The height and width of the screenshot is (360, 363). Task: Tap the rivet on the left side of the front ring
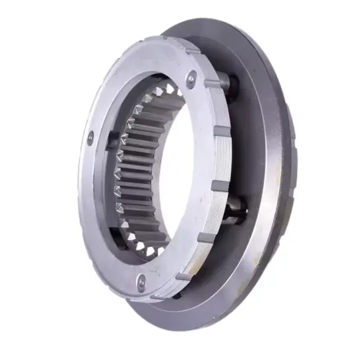pos(91,137)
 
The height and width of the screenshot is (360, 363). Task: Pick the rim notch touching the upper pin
pos(213,83)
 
